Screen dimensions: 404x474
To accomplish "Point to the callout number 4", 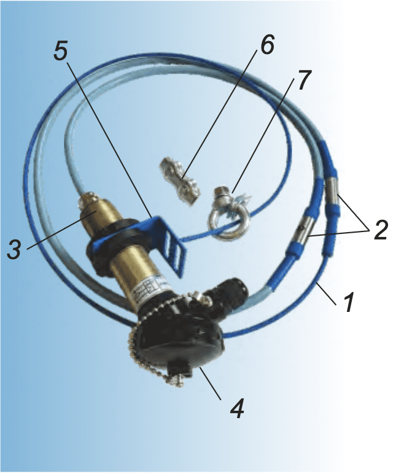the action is click(x=237, y=408).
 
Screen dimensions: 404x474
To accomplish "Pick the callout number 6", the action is click(x=266, y=45).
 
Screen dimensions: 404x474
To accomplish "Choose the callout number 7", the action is click(x=303, y=80).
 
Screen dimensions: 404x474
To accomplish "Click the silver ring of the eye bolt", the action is click(x=227, y=225).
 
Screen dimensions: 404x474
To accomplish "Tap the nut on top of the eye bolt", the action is click(x=222, y=193).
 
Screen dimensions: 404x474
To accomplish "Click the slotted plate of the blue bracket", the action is click(x=176, y=255).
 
